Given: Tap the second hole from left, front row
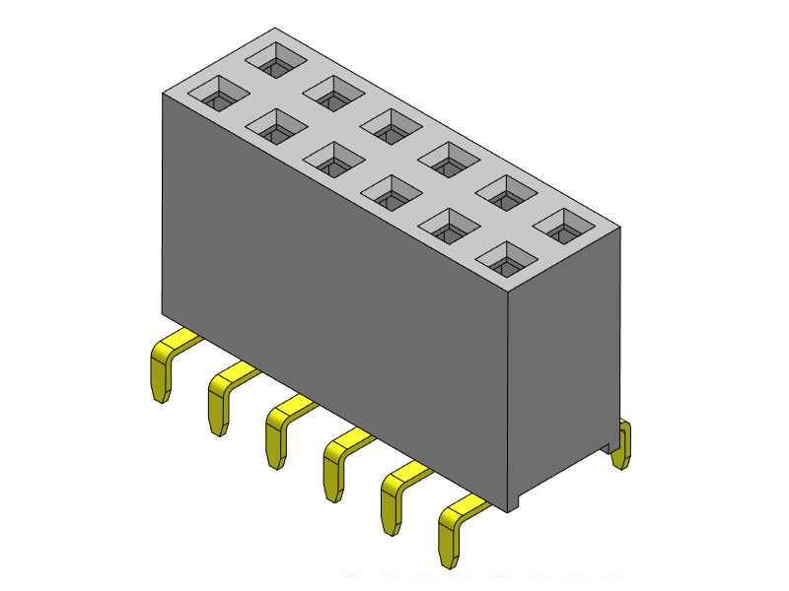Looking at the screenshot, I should click(276, 126).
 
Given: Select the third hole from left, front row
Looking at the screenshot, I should click(334, 158).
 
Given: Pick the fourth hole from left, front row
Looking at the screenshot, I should click(392, 193).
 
